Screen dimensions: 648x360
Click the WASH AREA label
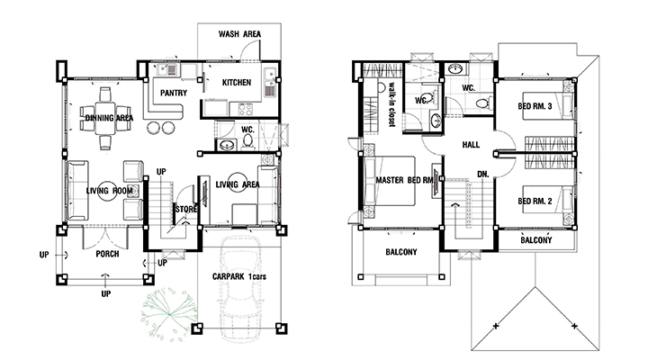click(239, 34)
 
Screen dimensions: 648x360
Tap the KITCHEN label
click(237, 83)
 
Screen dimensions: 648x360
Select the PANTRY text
click(174, 93)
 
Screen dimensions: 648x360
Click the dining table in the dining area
click(106, 118)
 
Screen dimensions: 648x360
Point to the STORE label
click(186, 209)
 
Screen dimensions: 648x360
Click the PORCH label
click(107, 254)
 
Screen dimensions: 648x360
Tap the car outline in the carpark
click(238, 289)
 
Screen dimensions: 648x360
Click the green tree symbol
click(169, 314)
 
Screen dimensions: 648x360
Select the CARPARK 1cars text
click(239, 276)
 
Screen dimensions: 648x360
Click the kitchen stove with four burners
click(245, 109)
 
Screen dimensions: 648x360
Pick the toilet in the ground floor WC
click(248, 141)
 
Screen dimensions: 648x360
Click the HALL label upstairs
click(471, 145)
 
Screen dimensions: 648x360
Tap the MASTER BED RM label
click(405, 180)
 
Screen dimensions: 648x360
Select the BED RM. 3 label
click(535, 106)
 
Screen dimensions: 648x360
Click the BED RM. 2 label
click(535, 202)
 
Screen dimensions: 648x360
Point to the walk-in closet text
click(391, 105)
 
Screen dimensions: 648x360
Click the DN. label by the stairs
click(483, 175)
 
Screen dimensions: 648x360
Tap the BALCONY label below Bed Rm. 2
click(536, 240)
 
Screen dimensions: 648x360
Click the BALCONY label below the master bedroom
click(401, 252)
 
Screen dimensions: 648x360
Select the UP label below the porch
click(106, 294)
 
